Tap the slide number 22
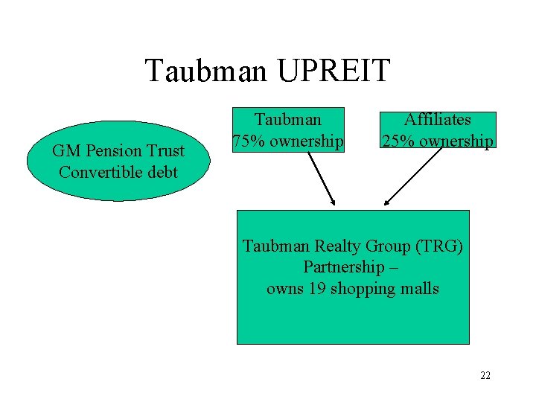tap(485, 375)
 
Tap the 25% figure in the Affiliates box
tap(396, 141)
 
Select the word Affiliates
tap(438, 119)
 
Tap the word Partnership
tap(343, 267)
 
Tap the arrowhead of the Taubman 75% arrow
tap(334, 202)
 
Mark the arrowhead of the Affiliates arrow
tap(386, 202)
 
